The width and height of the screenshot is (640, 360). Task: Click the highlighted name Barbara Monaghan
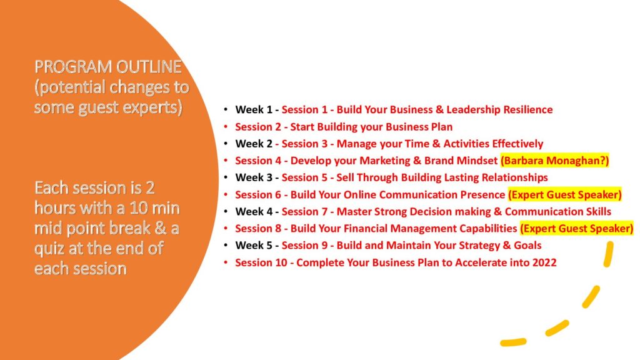[555, 161]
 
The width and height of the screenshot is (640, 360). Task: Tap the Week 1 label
[254, 110]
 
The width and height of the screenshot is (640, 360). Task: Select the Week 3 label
[254, 177]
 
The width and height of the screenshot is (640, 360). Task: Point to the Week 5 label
[254, 245]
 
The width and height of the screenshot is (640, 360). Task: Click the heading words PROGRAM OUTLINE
[107, 66]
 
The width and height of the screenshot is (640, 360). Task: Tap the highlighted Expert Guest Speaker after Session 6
[565, 195]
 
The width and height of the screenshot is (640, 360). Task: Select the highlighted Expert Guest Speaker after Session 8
[577, 229]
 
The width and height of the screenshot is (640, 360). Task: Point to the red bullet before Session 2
[226, 127]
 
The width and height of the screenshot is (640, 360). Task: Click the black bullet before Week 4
[226, 211]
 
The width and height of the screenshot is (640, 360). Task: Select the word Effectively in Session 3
[517, 144]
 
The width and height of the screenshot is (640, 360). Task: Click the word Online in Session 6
[359, 195]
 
